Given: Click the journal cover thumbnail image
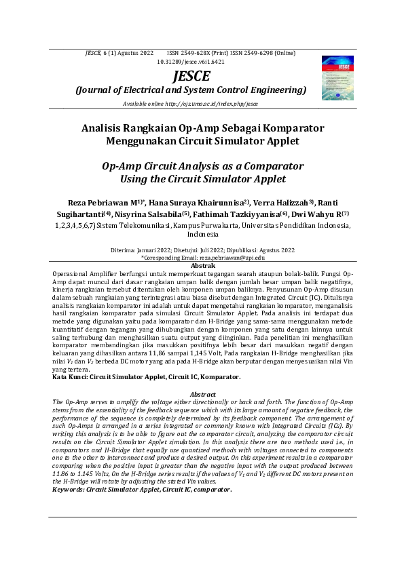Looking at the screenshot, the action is tap(337, 77).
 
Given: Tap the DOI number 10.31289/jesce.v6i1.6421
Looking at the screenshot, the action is tap(191, 61).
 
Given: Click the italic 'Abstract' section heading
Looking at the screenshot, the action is tap(203, 394).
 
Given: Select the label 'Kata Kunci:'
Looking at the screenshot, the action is tap(73, 375).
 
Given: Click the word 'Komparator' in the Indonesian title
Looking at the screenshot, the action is tap(286, 128).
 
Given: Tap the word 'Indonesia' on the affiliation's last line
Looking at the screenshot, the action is tap(202, 234).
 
